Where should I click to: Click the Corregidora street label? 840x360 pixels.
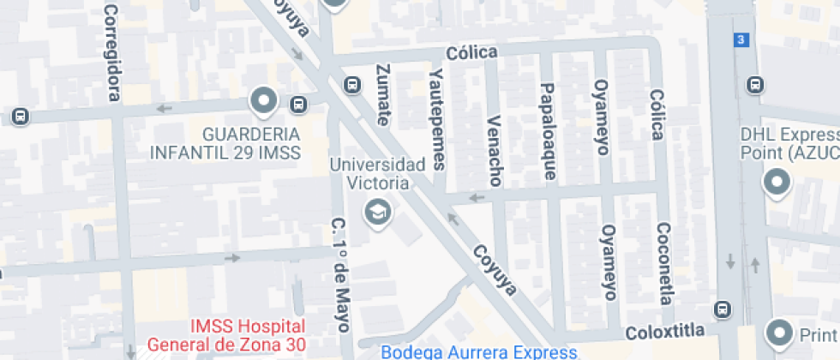[111, 51]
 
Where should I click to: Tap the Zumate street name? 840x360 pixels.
[383, 94]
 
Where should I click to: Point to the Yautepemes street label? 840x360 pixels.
[439, 118]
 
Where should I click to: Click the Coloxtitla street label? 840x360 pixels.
[665, 331]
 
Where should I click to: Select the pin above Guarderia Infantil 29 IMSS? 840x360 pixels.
[263, 101]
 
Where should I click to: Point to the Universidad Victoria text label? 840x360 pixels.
[377, 172]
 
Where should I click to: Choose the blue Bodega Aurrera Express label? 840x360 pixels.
[478, 351]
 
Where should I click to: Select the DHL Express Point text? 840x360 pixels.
[788, 144]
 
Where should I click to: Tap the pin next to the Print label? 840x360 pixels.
[780, 331]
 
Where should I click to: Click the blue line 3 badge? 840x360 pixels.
[741, 39]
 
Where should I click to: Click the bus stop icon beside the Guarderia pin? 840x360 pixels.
[297, 105]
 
